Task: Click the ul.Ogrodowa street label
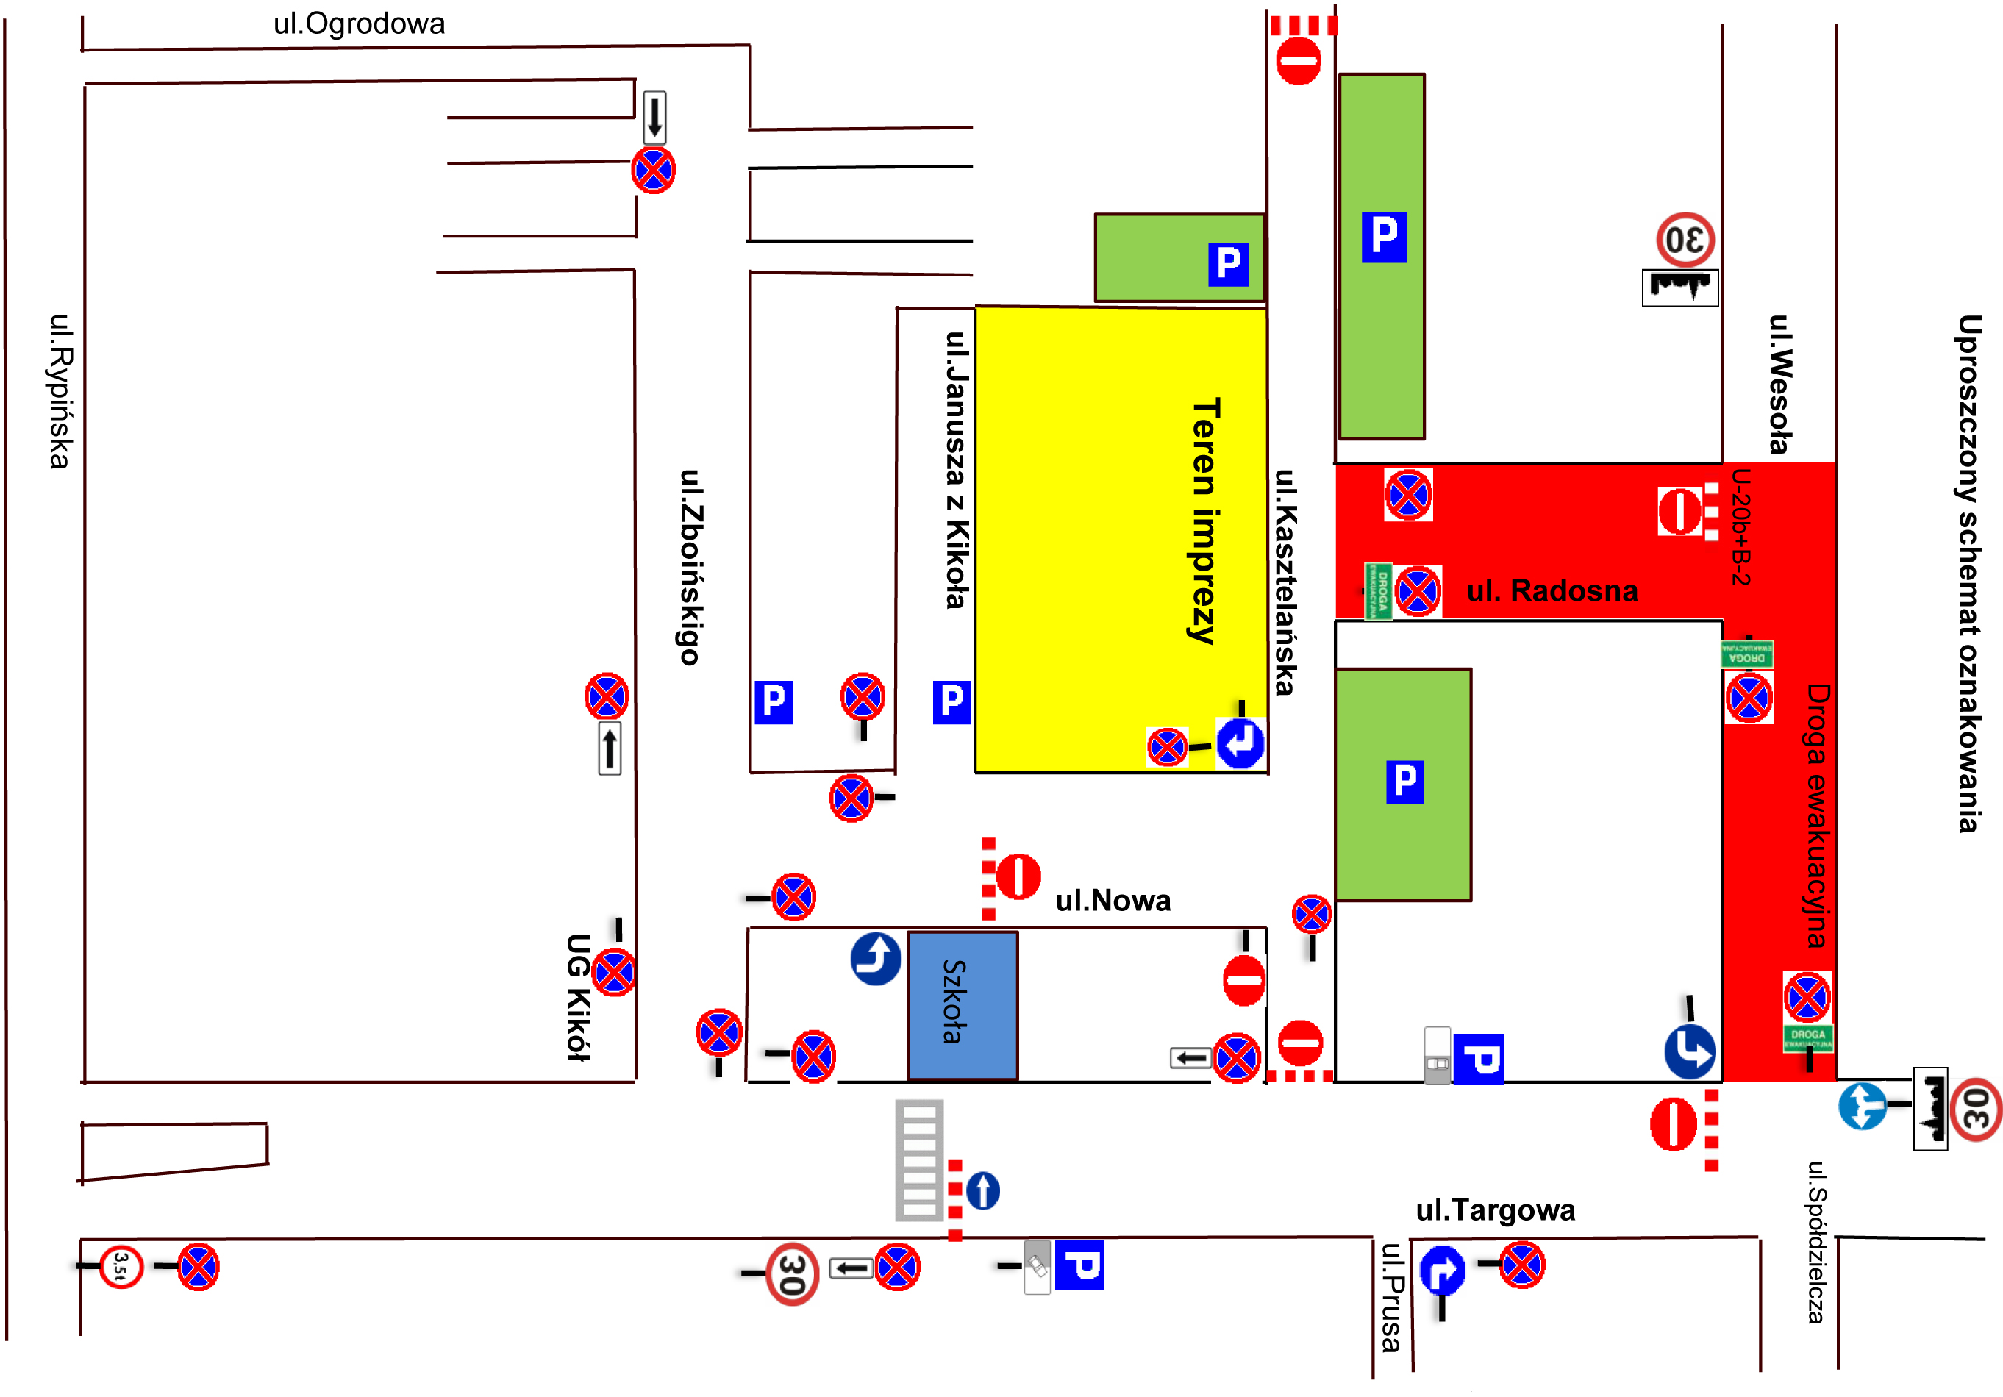click(x=359, y=24)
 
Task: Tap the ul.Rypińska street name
click(x=60, y=391)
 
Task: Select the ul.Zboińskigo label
click(x=691, y=567)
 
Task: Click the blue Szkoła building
click(x=963, y=1005)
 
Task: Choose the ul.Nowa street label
click(x=1113, y=901)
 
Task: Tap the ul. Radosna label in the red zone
click(x=1552, y=590)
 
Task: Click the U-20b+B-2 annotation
click(x=1740, y=527)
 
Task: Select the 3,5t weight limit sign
click(x=121, y=1266)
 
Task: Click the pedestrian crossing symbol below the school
click(x=919, y=1160)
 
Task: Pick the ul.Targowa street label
click(x=1496, y=1210)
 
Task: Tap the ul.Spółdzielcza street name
click(x=1815, y=1242)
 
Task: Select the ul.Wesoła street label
click(x=1779, y=385)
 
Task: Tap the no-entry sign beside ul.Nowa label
click(x=1017, y=876)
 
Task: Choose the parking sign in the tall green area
click(x=1384, y=237)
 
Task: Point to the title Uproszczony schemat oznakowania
click(x=1968, y=574)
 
